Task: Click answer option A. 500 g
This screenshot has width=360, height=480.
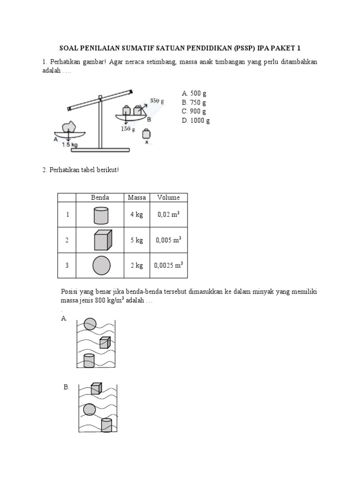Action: pos(193,93)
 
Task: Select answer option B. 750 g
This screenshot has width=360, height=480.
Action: pos(193,102)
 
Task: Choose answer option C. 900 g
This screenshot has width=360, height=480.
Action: pos(193,111)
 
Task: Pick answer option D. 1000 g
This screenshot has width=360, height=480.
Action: pos(195,120)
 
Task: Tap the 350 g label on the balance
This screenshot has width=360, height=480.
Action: pos(157,100)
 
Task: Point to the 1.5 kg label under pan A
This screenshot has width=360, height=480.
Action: pos(69,145)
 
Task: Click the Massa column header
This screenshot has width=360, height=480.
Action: pos(136,197)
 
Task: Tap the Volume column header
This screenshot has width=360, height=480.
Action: pos(168,197)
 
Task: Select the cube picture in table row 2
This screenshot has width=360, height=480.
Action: pos(102,240)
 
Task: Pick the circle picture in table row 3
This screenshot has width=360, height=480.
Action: pos(102,265)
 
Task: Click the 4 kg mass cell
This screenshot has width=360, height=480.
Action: pos(136,215)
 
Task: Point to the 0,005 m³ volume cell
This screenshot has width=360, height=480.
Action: pos(168,240)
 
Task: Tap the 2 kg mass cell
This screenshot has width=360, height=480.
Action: pos(136,266)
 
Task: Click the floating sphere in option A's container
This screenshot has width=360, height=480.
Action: pos(90,324)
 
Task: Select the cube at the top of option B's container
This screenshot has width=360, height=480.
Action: pos(96,388)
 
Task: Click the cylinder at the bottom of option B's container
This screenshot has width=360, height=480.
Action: pos(107,425)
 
